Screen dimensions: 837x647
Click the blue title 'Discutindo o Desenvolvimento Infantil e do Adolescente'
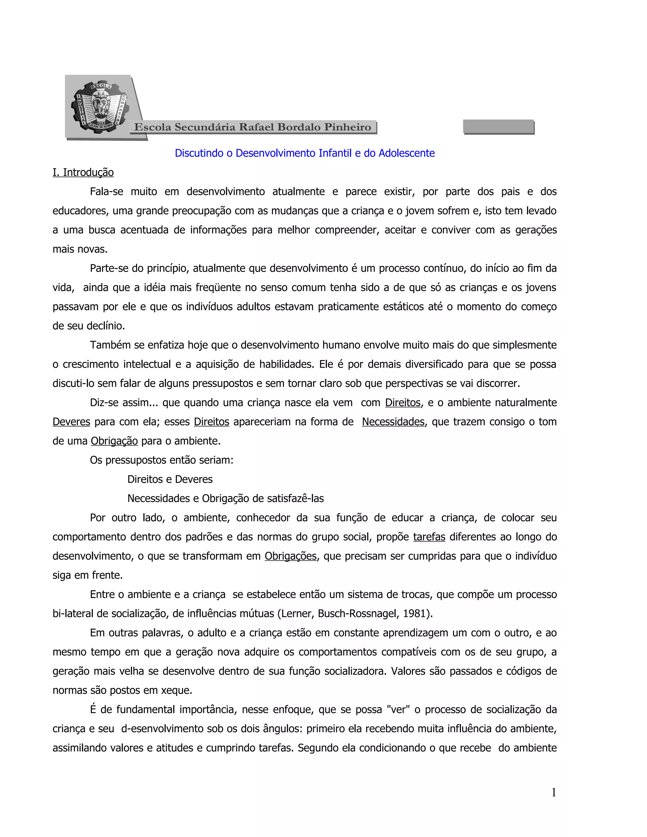pos(305,153)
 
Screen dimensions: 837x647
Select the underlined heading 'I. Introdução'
pos(83,172)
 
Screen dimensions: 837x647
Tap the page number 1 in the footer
pos(553,792)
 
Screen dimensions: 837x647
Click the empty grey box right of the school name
pos(498,126)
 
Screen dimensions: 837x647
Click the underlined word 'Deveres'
pos(71,422)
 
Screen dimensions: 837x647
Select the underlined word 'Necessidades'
pos(393,422)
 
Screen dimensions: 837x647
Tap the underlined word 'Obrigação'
pos(114,441)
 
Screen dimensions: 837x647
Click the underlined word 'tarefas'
pos(429,537)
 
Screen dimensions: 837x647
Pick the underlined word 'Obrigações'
pos(291,556)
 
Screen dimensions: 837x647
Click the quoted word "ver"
pos(399,709)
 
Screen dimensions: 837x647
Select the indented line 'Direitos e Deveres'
pos(170,479)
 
